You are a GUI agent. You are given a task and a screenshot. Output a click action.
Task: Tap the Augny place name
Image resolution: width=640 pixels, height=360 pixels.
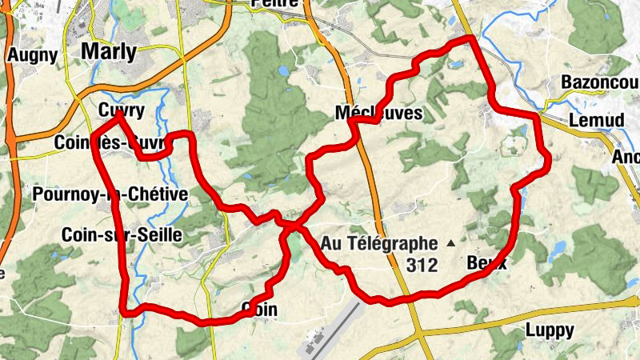point(32,55)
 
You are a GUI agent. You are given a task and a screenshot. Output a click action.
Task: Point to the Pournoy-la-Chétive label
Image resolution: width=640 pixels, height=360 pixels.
point(110,194)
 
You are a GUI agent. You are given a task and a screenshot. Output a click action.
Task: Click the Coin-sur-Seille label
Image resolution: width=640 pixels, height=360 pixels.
point(122,235)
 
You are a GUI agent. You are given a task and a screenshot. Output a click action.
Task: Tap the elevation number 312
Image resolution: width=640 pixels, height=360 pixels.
point(422,264)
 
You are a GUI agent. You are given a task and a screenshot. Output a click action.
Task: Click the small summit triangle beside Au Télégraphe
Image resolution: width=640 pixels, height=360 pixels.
point(450,242)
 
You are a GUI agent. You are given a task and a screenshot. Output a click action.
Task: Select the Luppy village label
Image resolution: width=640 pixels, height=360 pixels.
point(550,330)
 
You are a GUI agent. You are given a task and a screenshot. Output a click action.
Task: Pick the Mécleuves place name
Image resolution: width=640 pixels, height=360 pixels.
point(379,114)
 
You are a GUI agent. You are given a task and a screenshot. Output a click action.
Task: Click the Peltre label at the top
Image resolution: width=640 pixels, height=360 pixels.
point(274,3)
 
